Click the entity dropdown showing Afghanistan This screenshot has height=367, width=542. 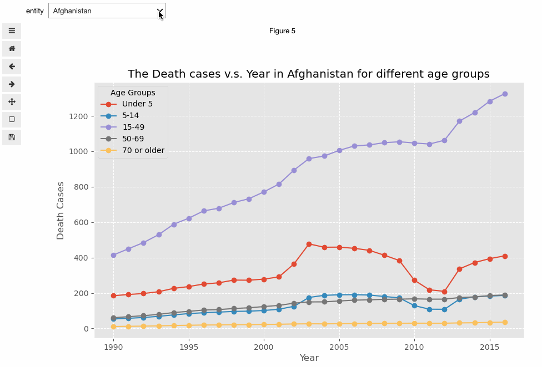(107, 11)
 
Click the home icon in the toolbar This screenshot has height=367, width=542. (12, 49)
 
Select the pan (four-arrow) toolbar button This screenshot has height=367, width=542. (12, 102)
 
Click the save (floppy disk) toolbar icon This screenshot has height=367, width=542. (12, 137)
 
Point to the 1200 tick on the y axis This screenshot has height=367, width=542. (78, 116)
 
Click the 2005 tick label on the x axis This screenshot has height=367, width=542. (339, 346)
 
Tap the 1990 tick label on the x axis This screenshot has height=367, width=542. (113, 346)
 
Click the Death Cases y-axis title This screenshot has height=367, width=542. (61, 211)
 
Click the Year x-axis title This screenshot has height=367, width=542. (309, 358)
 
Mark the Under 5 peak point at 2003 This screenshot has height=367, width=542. (309, 244)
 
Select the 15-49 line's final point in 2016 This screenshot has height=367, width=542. (505, 94)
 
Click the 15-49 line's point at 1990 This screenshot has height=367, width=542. (113, 255)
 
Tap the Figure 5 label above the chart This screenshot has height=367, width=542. (282, 31)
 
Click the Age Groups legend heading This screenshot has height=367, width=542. (133, 93)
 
